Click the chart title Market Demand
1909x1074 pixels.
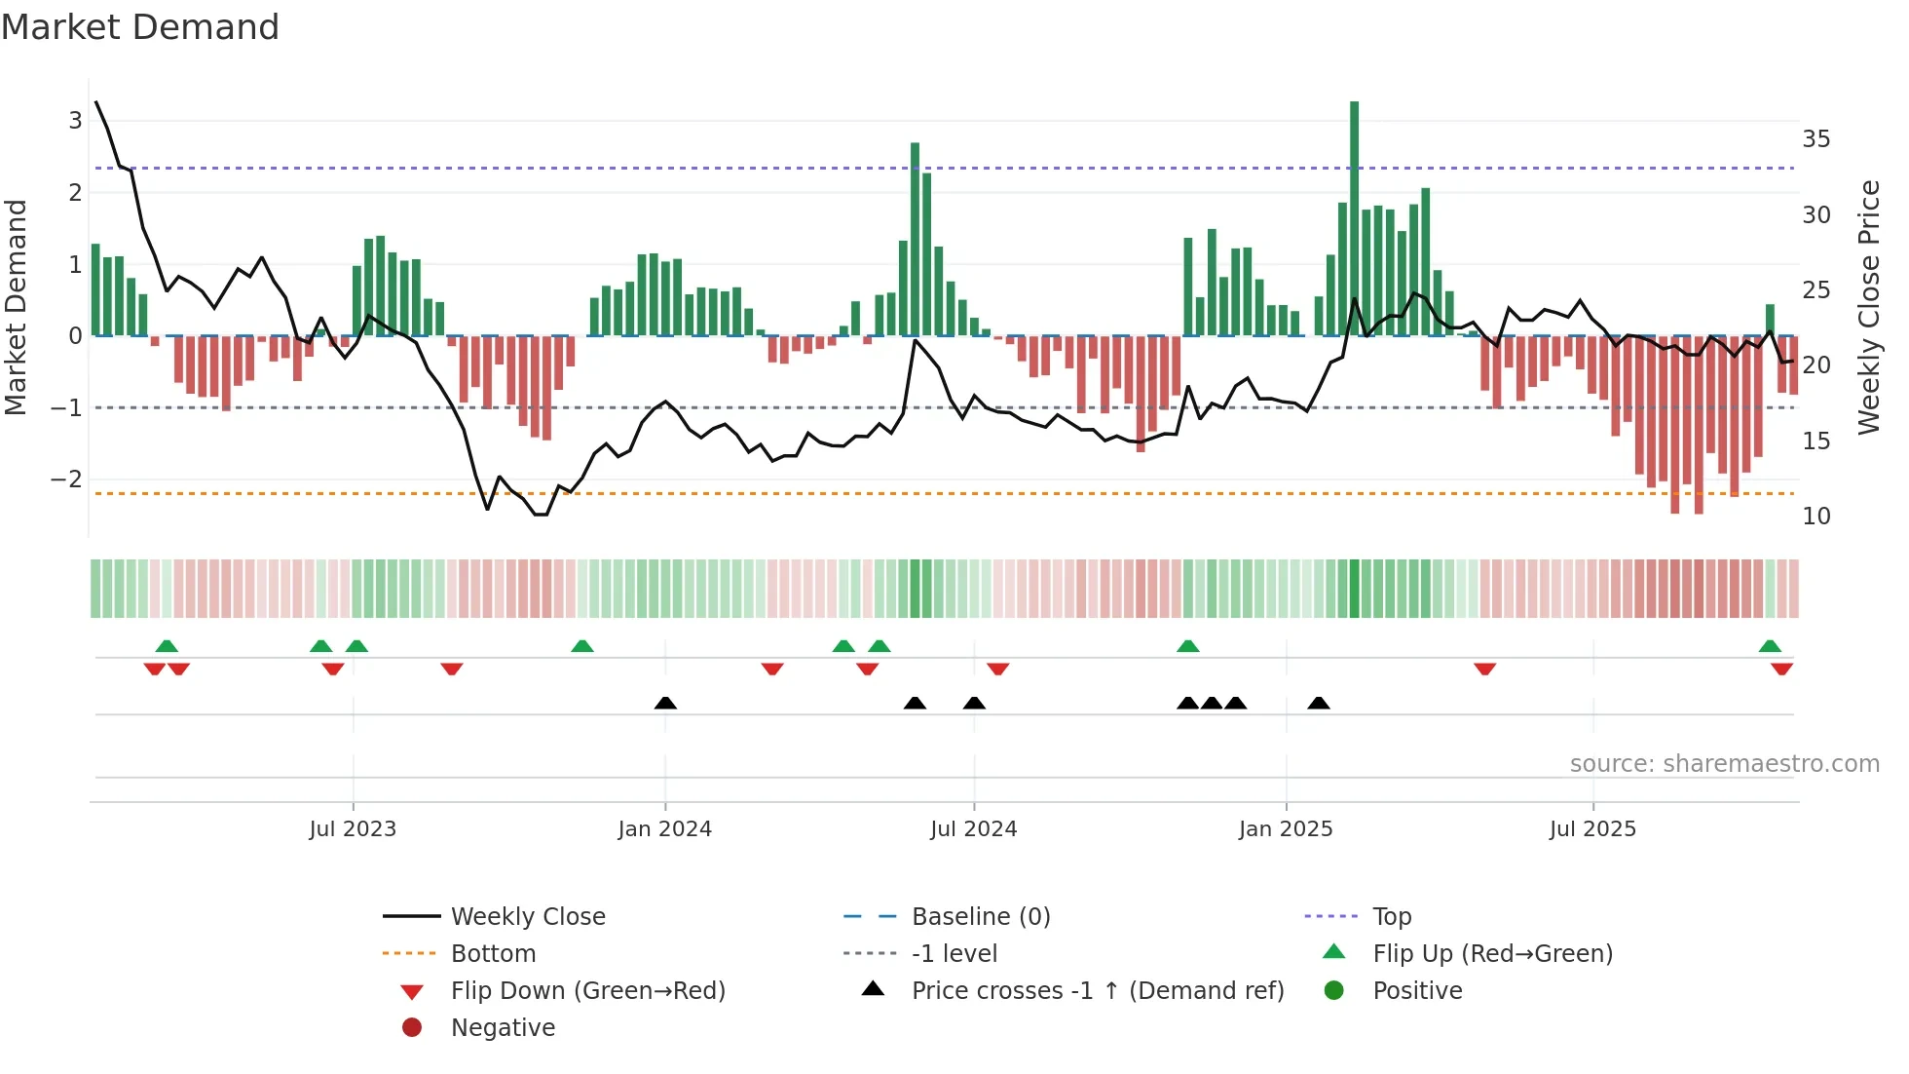click(x=140, y=27)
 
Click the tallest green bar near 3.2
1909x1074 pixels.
click(x=1354, y=214)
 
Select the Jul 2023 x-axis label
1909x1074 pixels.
click(x=353, y=829)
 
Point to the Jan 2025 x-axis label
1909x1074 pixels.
click(x=1286, y=829)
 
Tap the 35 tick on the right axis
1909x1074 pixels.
click(x=1815, y=139)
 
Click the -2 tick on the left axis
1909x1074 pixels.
click(x=66, y=479)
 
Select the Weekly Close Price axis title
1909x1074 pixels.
click(x=1868, y=307)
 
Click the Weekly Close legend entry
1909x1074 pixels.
click(x=528, y=916)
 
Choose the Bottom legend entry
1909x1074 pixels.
click(x=493, y=953)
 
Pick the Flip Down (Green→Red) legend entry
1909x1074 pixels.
click(x=587, y=990)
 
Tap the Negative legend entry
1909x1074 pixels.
click(x=503, y=1027)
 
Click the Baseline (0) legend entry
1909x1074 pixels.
click(x=980, y=916)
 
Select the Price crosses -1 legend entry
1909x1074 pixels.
click(x=1097, y=990)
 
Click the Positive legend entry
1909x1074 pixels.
click(x=1417, y=990)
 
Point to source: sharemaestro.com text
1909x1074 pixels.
click(x=1724, y=763)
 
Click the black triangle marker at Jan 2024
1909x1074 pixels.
click(x=665, y=703)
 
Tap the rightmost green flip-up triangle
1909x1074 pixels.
click(x=1770, y=645)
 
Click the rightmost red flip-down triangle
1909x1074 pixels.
click(x=1781, y=669)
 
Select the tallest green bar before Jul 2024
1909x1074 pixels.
click(x=915, y=239)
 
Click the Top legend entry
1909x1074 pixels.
click(x=1392, y=916)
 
